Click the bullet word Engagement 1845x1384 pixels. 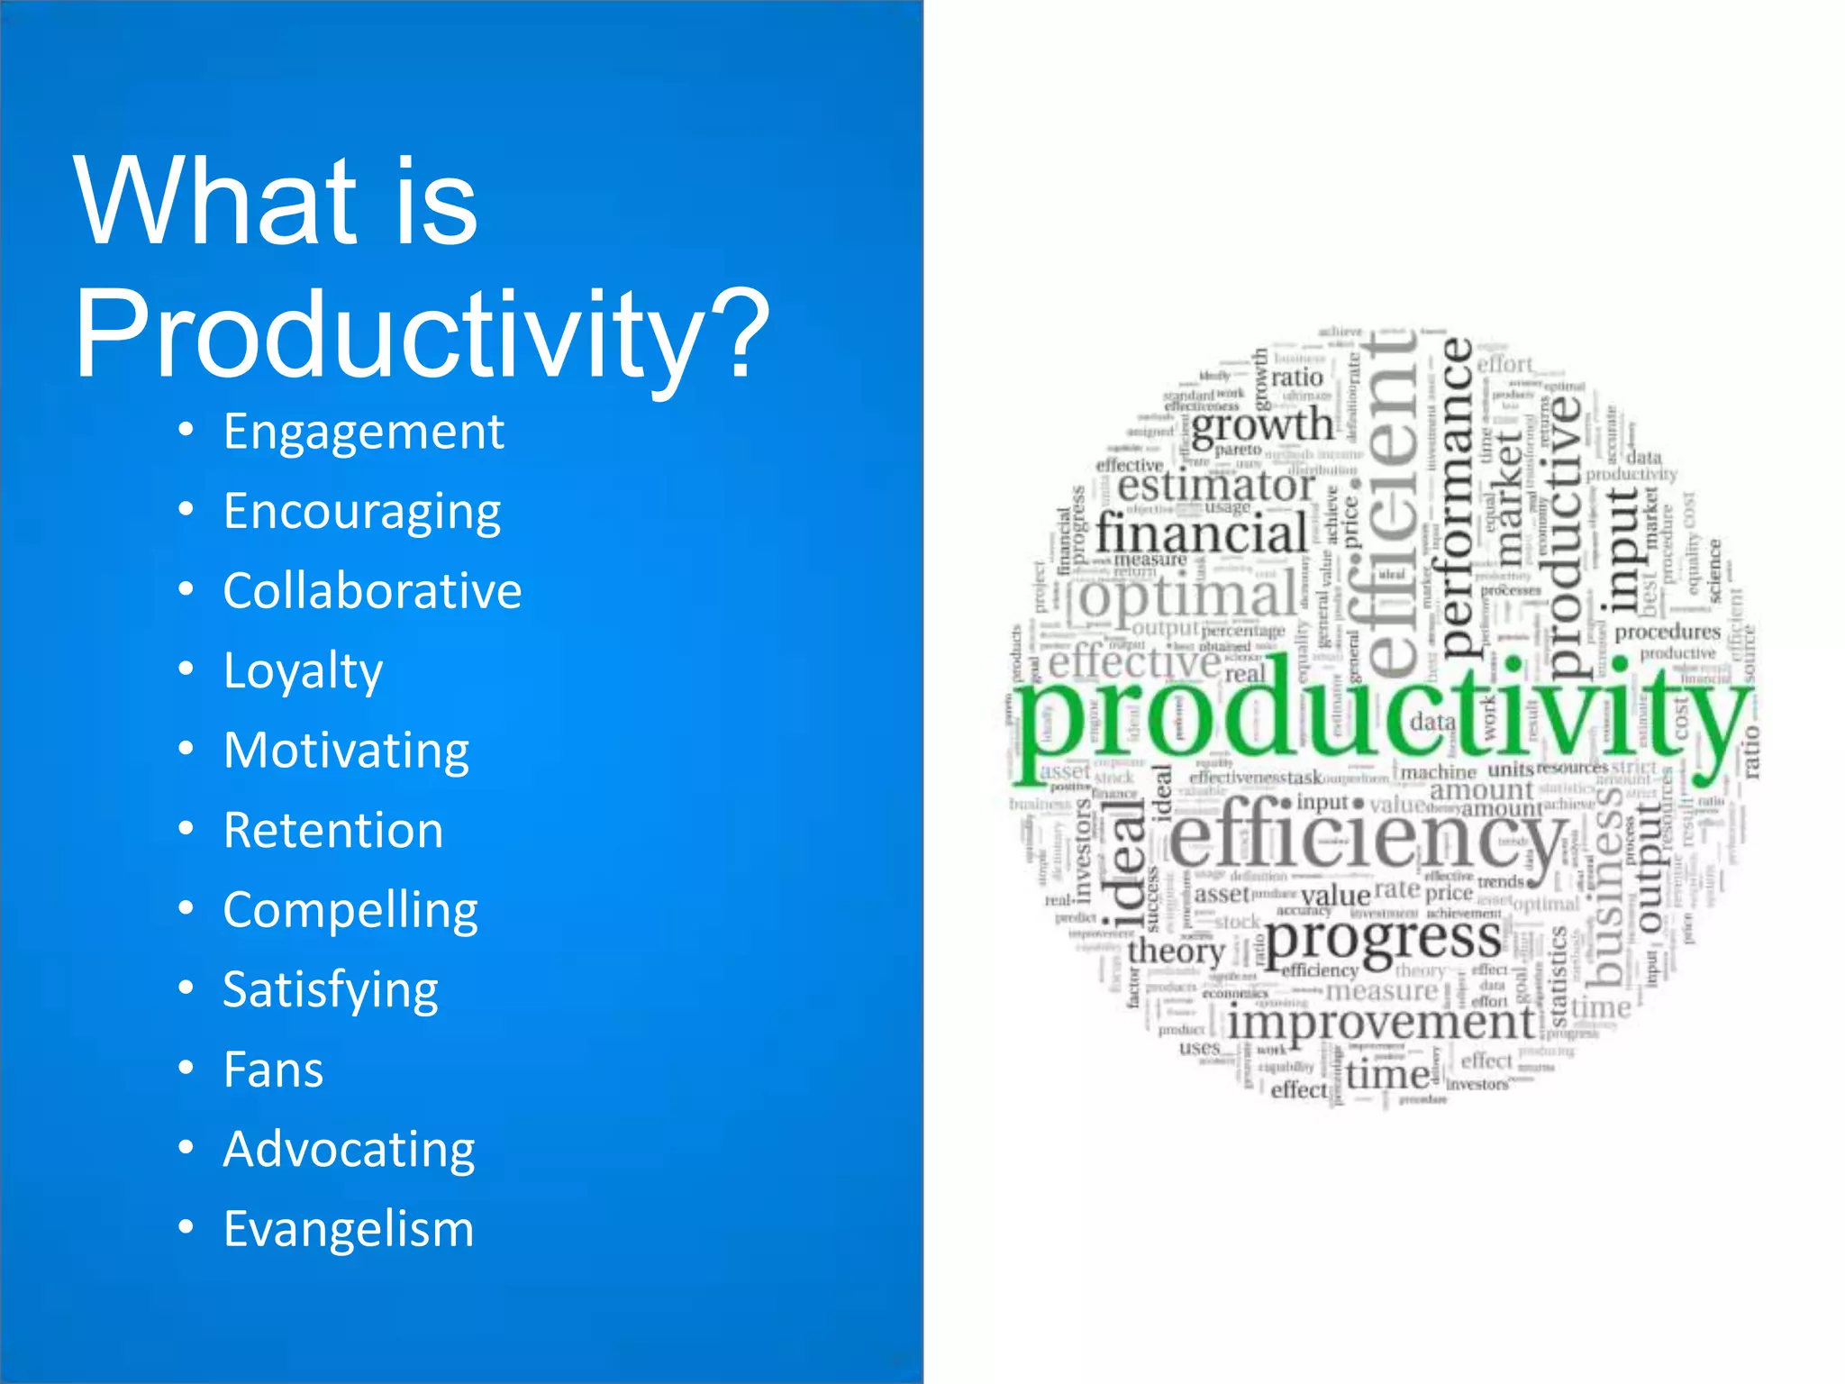tap(363, 432)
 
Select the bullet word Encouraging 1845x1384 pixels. tap(361, 512)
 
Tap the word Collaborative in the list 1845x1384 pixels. tap(372, 591)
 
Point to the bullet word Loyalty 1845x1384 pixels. tap(303, 671)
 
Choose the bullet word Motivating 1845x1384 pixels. tap(346, 751)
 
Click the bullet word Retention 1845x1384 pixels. tap(333, 830)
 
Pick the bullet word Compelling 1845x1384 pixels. tap(350, 910)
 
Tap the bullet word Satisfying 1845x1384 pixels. tap(331, 989)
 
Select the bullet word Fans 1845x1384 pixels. tap(273, 1070)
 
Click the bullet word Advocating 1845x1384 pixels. tap(349, 1150)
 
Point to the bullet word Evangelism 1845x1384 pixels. tap(348, 1229)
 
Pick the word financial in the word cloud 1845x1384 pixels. tap(1201, 533)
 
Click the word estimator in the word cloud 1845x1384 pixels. tap(1216, 487)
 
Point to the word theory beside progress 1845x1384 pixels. tap(1176, 951)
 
